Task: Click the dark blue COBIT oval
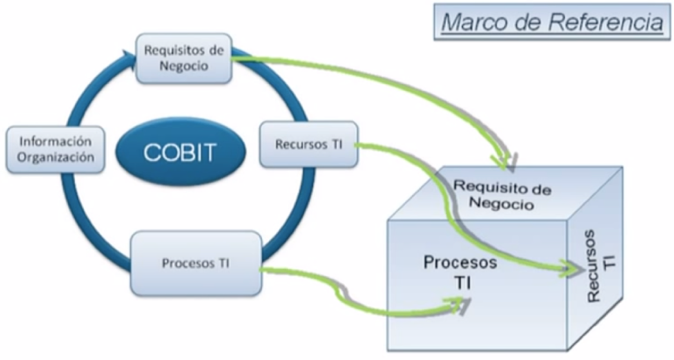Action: point(180,152)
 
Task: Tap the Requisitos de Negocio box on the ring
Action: point(184,58)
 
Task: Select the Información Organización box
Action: point(55,150)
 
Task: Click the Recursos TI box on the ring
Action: point(309,144)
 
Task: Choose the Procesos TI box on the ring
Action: point(196,263)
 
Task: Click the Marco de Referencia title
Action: point(552,22)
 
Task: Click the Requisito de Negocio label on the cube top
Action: point(502,195)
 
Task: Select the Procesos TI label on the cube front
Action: point(460,272)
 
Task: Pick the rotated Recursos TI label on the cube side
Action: point(600,266)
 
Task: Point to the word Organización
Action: point(56,157)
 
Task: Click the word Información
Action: point(56,142)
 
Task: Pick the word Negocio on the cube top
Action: point(501,203)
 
